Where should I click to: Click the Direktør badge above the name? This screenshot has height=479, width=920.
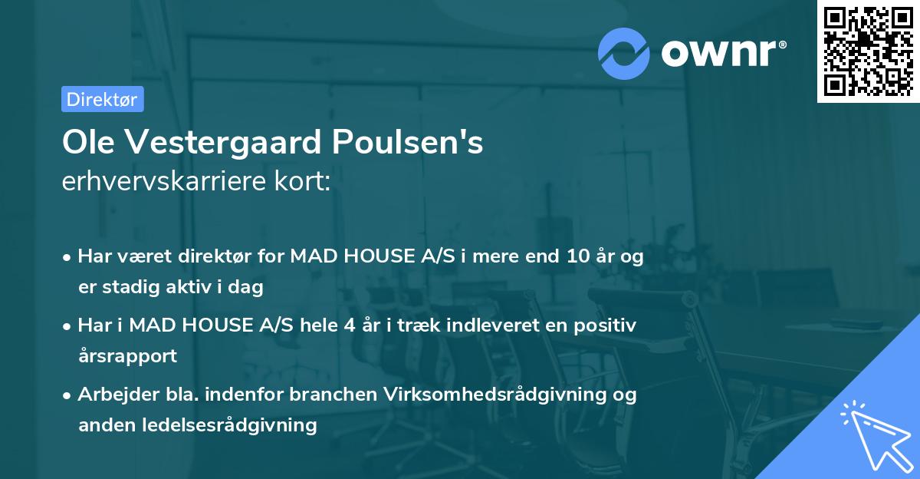[x=102, y=99]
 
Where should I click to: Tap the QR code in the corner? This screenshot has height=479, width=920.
[x=868, y=51]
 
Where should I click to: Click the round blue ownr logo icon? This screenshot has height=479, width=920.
[x=623, y=52]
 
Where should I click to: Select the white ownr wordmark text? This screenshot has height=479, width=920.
[x=721, y=52]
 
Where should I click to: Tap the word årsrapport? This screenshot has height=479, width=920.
[x=127, y=356]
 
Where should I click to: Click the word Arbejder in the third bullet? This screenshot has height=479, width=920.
[x=112, y=395]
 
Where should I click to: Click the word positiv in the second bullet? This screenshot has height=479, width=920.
[x=606, y=325]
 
